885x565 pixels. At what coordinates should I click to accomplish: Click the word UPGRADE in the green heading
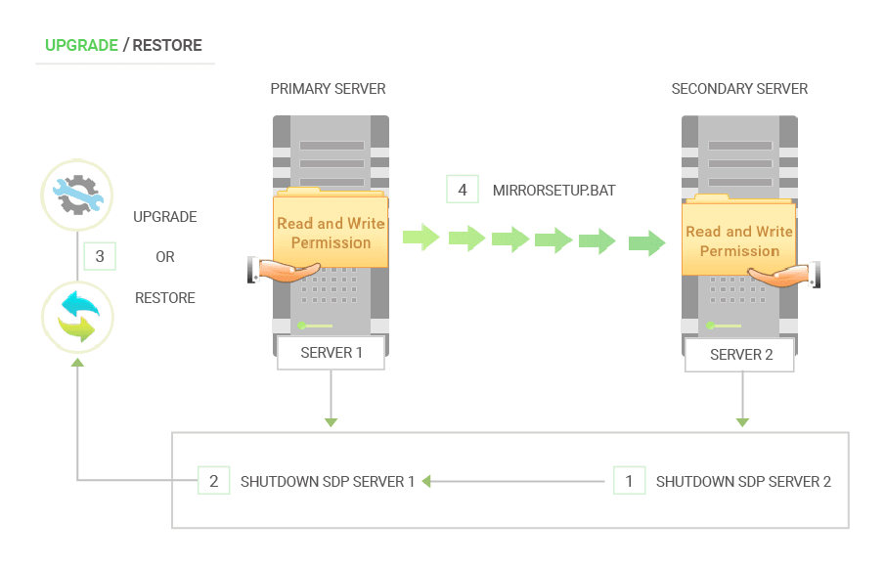pos(81,45)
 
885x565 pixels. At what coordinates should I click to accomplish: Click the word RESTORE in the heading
pos(167,45)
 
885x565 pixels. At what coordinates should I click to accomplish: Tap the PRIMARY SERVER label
pos(328,89)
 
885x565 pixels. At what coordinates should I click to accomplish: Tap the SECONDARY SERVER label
pos(739,89)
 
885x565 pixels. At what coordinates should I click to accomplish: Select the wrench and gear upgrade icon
pos(78,194)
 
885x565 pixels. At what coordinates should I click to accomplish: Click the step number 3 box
pos(100,257)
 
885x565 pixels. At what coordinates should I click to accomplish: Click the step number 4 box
pos(463,191)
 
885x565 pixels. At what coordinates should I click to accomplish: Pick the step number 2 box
pos(213,481)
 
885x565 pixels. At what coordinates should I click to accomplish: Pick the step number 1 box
pos(629,481)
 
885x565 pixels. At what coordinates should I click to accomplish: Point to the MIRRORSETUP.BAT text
pos(553,191)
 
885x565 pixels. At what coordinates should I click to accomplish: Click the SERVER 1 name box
pos(331,353)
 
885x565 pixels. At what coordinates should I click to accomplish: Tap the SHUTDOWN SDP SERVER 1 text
pos(328,482)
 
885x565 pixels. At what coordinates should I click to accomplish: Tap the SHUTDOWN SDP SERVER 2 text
pos(743,482)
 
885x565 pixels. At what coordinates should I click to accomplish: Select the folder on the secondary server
pos(738,239)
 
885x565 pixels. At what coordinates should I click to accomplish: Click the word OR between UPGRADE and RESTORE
pos(165,257)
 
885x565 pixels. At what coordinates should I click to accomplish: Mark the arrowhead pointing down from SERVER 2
pos(742,422)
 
